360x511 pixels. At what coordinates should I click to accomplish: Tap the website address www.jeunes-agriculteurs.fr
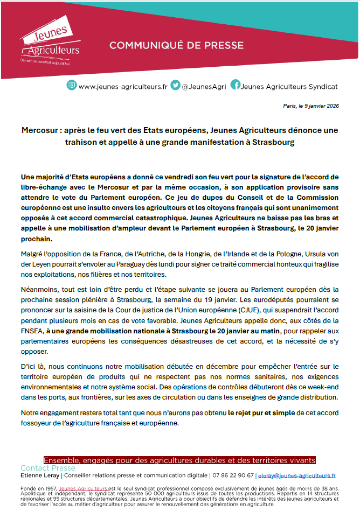click(x=123, y=86)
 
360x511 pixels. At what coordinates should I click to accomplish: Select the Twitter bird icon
click(x=175, y=85)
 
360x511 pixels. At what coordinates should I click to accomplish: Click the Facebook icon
click(x=235, y=85)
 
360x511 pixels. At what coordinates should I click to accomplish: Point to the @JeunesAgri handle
click(x=204, y=86)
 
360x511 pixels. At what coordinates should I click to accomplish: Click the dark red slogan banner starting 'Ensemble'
click(x=179, y=460)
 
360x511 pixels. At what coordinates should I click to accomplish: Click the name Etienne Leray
click(x=40, y=475)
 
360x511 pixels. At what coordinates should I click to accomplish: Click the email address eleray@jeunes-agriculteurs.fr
click(x=297, y=475)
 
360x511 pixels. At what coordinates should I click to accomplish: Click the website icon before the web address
click(x=72, y=85)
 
